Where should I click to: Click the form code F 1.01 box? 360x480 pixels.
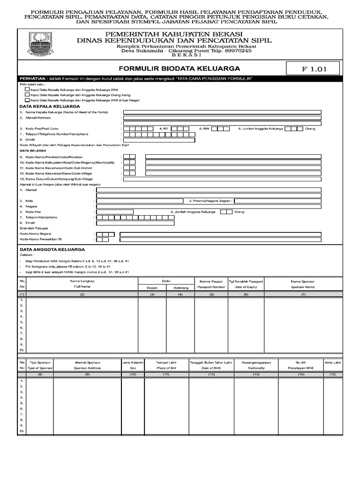[314, 69]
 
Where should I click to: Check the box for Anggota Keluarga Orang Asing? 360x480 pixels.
[28, 94]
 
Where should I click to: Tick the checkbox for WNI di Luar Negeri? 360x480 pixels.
[28, 100]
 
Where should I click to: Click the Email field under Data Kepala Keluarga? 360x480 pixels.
[159, 139]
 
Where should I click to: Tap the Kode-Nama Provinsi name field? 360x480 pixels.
[233, 157]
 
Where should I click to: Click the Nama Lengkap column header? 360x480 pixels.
[82, 280]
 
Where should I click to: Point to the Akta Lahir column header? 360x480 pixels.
[333, 362]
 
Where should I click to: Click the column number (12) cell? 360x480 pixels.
[211, 375]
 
